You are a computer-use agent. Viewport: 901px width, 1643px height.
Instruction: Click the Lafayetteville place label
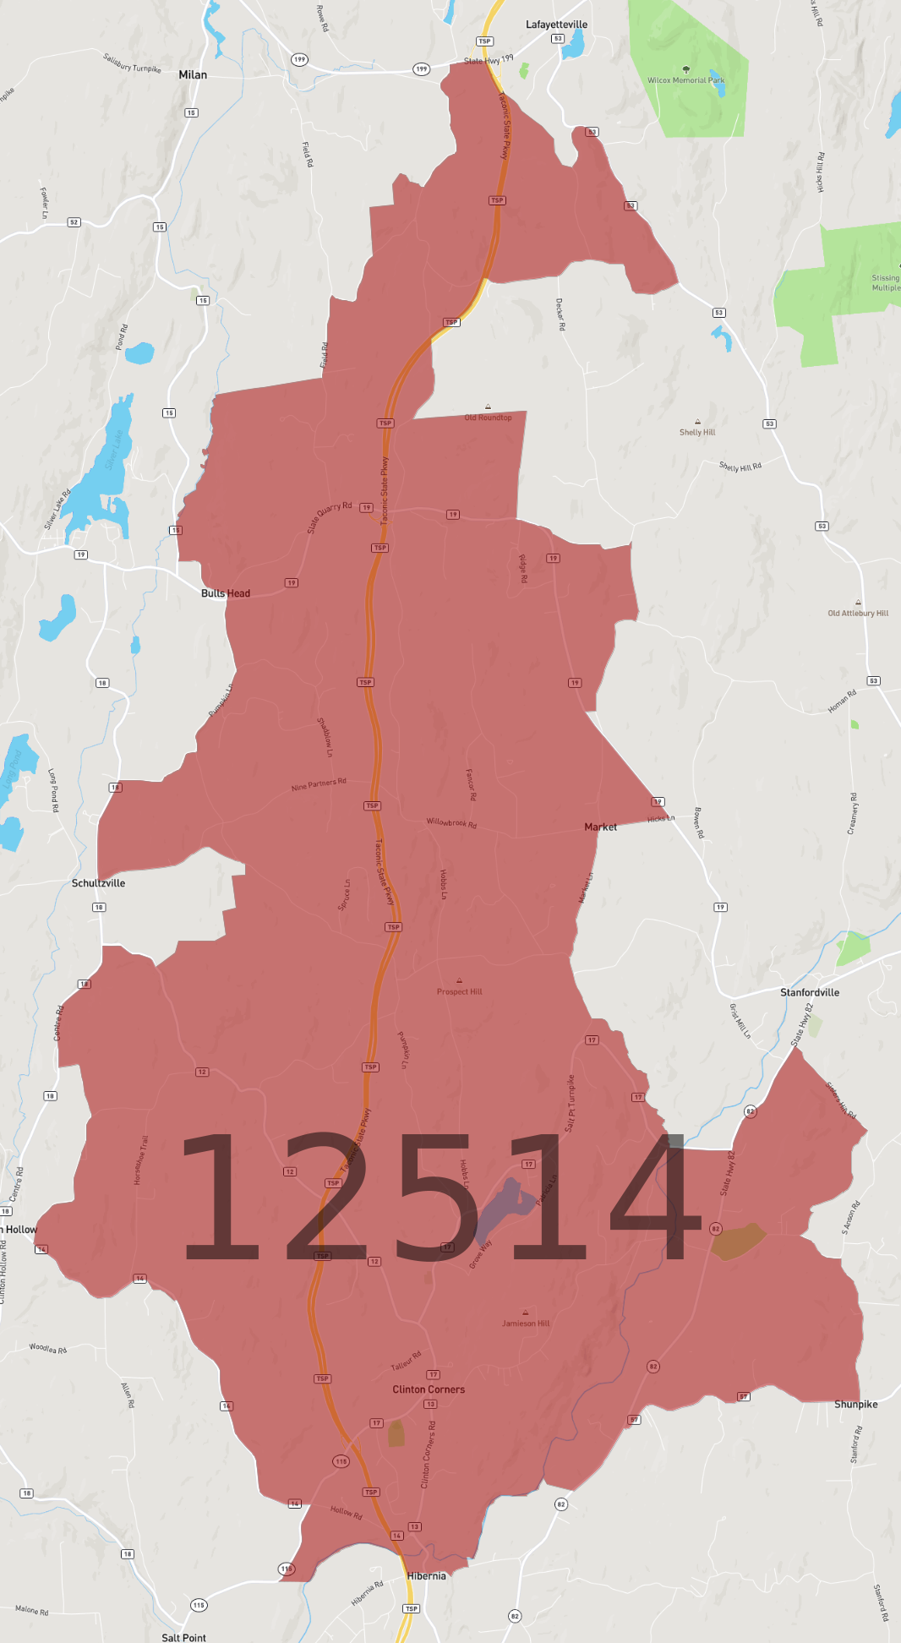pyautogui.click(x=556, y=25)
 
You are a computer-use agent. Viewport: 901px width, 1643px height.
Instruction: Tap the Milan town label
pyautogui.click(x=193, y=75)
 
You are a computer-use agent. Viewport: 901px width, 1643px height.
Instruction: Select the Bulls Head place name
pyautogui.click(x=226, y=593)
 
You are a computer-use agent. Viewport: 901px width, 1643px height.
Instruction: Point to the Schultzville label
pyautogui.click(x=98, y=883)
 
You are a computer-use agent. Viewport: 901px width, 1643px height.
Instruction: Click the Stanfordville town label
pyautogui.click(x=810, y=992)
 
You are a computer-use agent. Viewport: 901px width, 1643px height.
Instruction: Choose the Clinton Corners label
pyautogui.click(x=429, y=1389)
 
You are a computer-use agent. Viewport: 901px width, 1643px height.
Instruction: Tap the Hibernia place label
pyautogui.click(x=426, y=1576)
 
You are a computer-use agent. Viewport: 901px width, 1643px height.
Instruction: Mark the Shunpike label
pyautogui.click(x=855, y=1405)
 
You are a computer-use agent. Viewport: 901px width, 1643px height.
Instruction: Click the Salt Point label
pyautogui.click(x=183, y=1637)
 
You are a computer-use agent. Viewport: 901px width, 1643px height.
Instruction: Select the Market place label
pyautogui.click(x=600, y=827)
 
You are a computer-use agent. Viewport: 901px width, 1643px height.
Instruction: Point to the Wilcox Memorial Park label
pyautogui.click(x=685, y=80)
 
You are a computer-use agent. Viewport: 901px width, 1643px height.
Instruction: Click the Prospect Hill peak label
pyautogui.click(x=459, y=991)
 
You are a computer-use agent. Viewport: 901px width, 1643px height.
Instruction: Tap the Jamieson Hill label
pyautogui.click(x=526, y=1324)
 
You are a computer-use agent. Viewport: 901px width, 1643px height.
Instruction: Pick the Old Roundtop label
pyautogui.click(x=488, y=418)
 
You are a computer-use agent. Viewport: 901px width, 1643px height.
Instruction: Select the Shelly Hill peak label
pyautogui.click(x=697, y=432)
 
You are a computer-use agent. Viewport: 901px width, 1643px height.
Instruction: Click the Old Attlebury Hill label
pyautogui.click(x=858, y=614)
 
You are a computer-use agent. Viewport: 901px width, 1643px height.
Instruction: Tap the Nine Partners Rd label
pyautogui.click(x=319, y=785)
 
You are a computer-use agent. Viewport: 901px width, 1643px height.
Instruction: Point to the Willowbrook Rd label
pyautogui.click(x=451, y=822)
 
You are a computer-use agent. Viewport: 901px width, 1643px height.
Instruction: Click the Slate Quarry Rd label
pyautogui.click(x=330, y=516)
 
